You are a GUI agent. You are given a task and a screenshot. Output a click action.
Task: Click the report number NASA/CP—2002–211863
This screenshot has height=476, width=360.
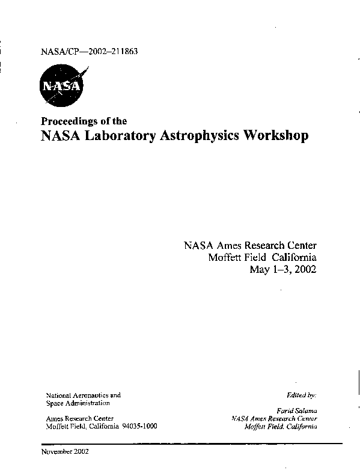[x=90, y=51]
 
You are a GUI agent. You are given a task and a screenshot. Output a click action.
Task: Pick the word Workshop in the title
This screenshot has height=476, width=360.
[x=275, y=136]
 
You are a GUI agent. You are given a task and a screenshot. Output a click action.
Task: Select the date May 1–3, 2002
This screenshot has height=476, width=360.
[x=282, y=269]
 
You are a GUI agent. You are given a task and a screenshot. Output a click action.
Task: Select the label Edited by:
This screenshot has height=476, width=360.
[x=302, y=395]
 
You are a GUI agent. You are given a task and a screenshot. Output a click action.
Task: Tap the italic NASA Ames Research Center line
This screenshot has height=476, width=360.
[x=274, y=418]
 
